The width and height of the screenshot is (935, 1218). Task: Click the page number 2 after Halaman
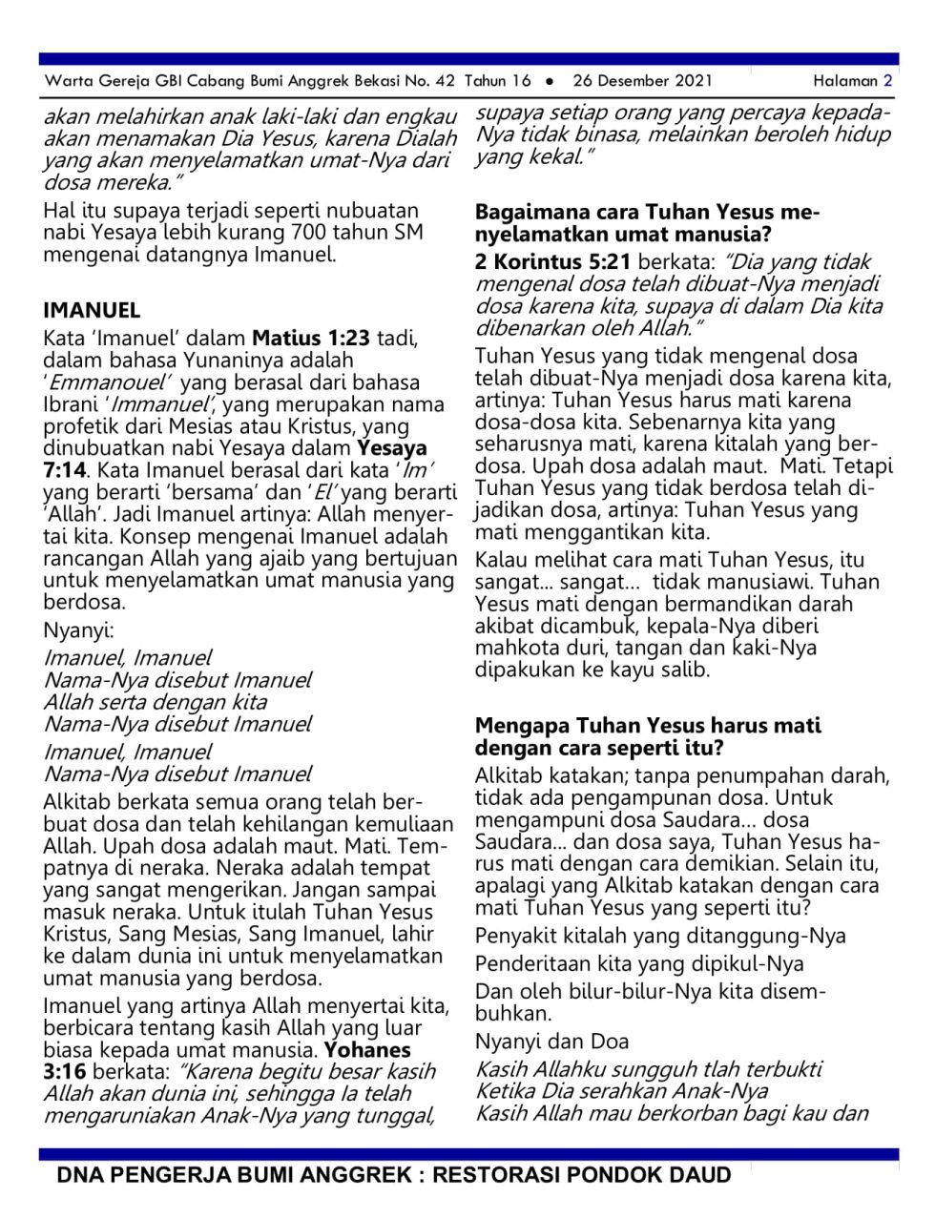click(x=887, y=81)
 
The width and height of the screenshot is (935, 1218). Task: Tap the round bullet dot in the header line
click(x=551, y=82)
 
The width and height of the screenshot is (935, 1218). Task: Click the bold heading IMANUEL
click(x=92, y=310)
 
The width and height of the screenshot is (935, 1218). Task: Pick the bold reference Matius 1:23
click(x=311, y=338)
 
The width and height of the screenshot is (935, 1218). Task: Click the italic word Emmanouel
click(x=109, y=382)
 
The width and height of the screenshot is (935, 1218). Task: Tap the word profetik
click(x=81, y=426)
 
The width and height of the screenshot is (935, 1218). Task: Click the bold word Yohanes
click(x=367, y=1050)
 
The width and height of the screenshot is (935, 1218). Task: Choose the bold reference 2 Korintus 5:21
click(x=552, y=262)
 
